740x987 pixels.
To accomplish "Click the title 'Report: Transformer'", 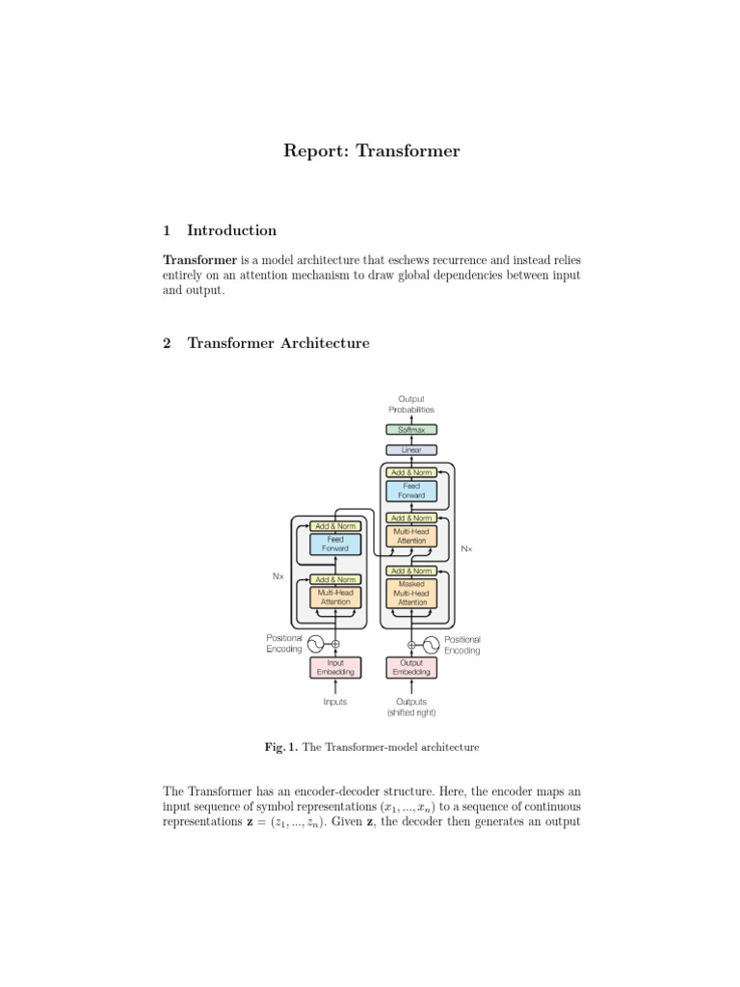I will pyautogui.click(x=371, y=151).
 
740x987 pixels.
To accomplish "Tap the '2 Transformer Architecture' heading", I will pyautogui.click(x=266, y=343).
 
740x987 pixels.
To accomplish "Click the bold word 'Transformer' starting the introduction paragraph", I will pyautogui.click(x=200, y=260).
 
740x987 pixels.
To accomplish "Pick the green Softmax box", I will pyautogui.click(x=411, y=430).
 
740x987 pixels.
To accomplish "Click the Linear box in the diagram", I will pyautogui.click(x=411, y=450).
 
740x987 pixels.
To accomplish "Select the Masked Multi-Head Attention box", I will pyautogui.click(x=411, y=593).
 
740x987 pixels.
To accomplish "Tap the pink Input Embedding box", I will pyautogui.click(x=335, y=667).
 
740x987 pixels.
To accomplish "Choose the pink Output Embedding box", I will pyautogui.click(x=411, y=667).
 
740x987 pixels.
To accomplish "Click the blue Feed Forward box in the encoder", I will pyautogui.click(x=335, y=544).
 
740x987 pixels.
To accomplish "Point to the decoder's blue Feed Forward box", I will pyautogui.click(x=411, y=491).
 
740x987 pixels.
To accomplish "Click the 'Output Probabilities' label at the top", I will pyautogui.click(x=411, y=404).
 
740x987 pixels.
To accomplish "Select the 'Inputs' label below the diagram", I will pyautogui.click(x=335, y=703).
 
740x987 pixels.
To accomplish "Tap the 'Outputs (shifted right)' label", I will pyautogui.click(x=411, y=707).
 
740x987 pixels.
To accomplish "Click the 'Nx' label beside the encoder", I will pyautogui.click(x=279, y=576).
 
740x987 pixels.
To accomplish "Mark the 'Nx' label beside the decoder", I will pyautogui.click(x=466, y=548).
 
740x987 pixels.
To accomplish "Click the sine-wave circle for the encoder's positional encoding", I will pyautogui.click(x=315, y=644).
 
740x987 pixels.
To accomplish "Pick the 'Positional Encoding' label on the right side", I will pyautogui.click(x=462, y=644).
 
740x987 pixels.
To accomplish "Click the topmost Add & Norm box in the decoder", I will pyautogui.click(x=411, y=472).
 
